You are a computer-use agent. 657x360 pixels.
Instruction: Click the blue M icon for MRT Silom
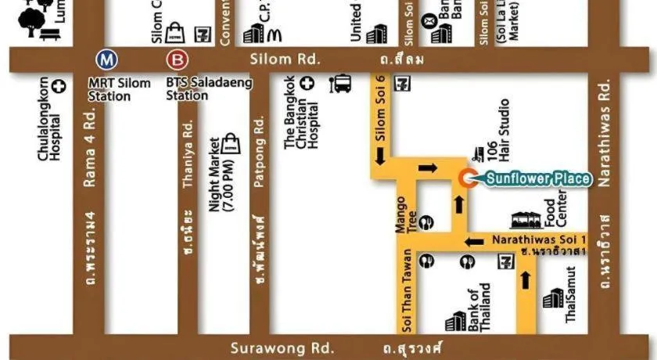pos(104,59)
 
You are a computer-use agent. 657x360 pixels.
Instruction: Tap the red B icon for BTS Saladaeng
pos(177,59)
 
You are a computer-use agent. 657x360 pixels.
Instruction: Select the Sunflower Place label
pos(538,179)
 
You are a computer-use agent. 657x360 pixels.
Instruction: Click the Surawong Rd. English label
pos(282,347)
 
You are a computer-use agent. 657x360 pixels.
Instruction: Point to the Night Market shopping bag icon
pos(231,142)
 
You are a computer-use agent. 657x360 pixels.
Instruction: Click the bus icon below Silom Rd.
pos(342,84)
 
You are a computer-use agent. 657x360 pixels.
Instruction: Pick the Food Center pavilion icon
pos(526,220)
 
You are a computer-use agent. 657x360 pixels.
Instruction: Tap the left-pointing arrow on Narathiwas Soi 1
pos(471,241)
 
